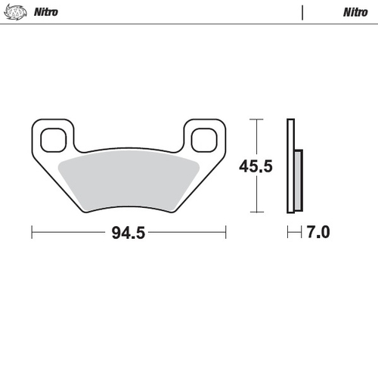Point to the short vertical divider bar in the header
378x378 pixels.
(x=302, y=12)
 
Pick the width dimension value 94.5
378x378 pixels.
(x=128, y=233)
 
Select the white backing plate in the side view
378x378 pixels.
(x=290, y=166)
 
